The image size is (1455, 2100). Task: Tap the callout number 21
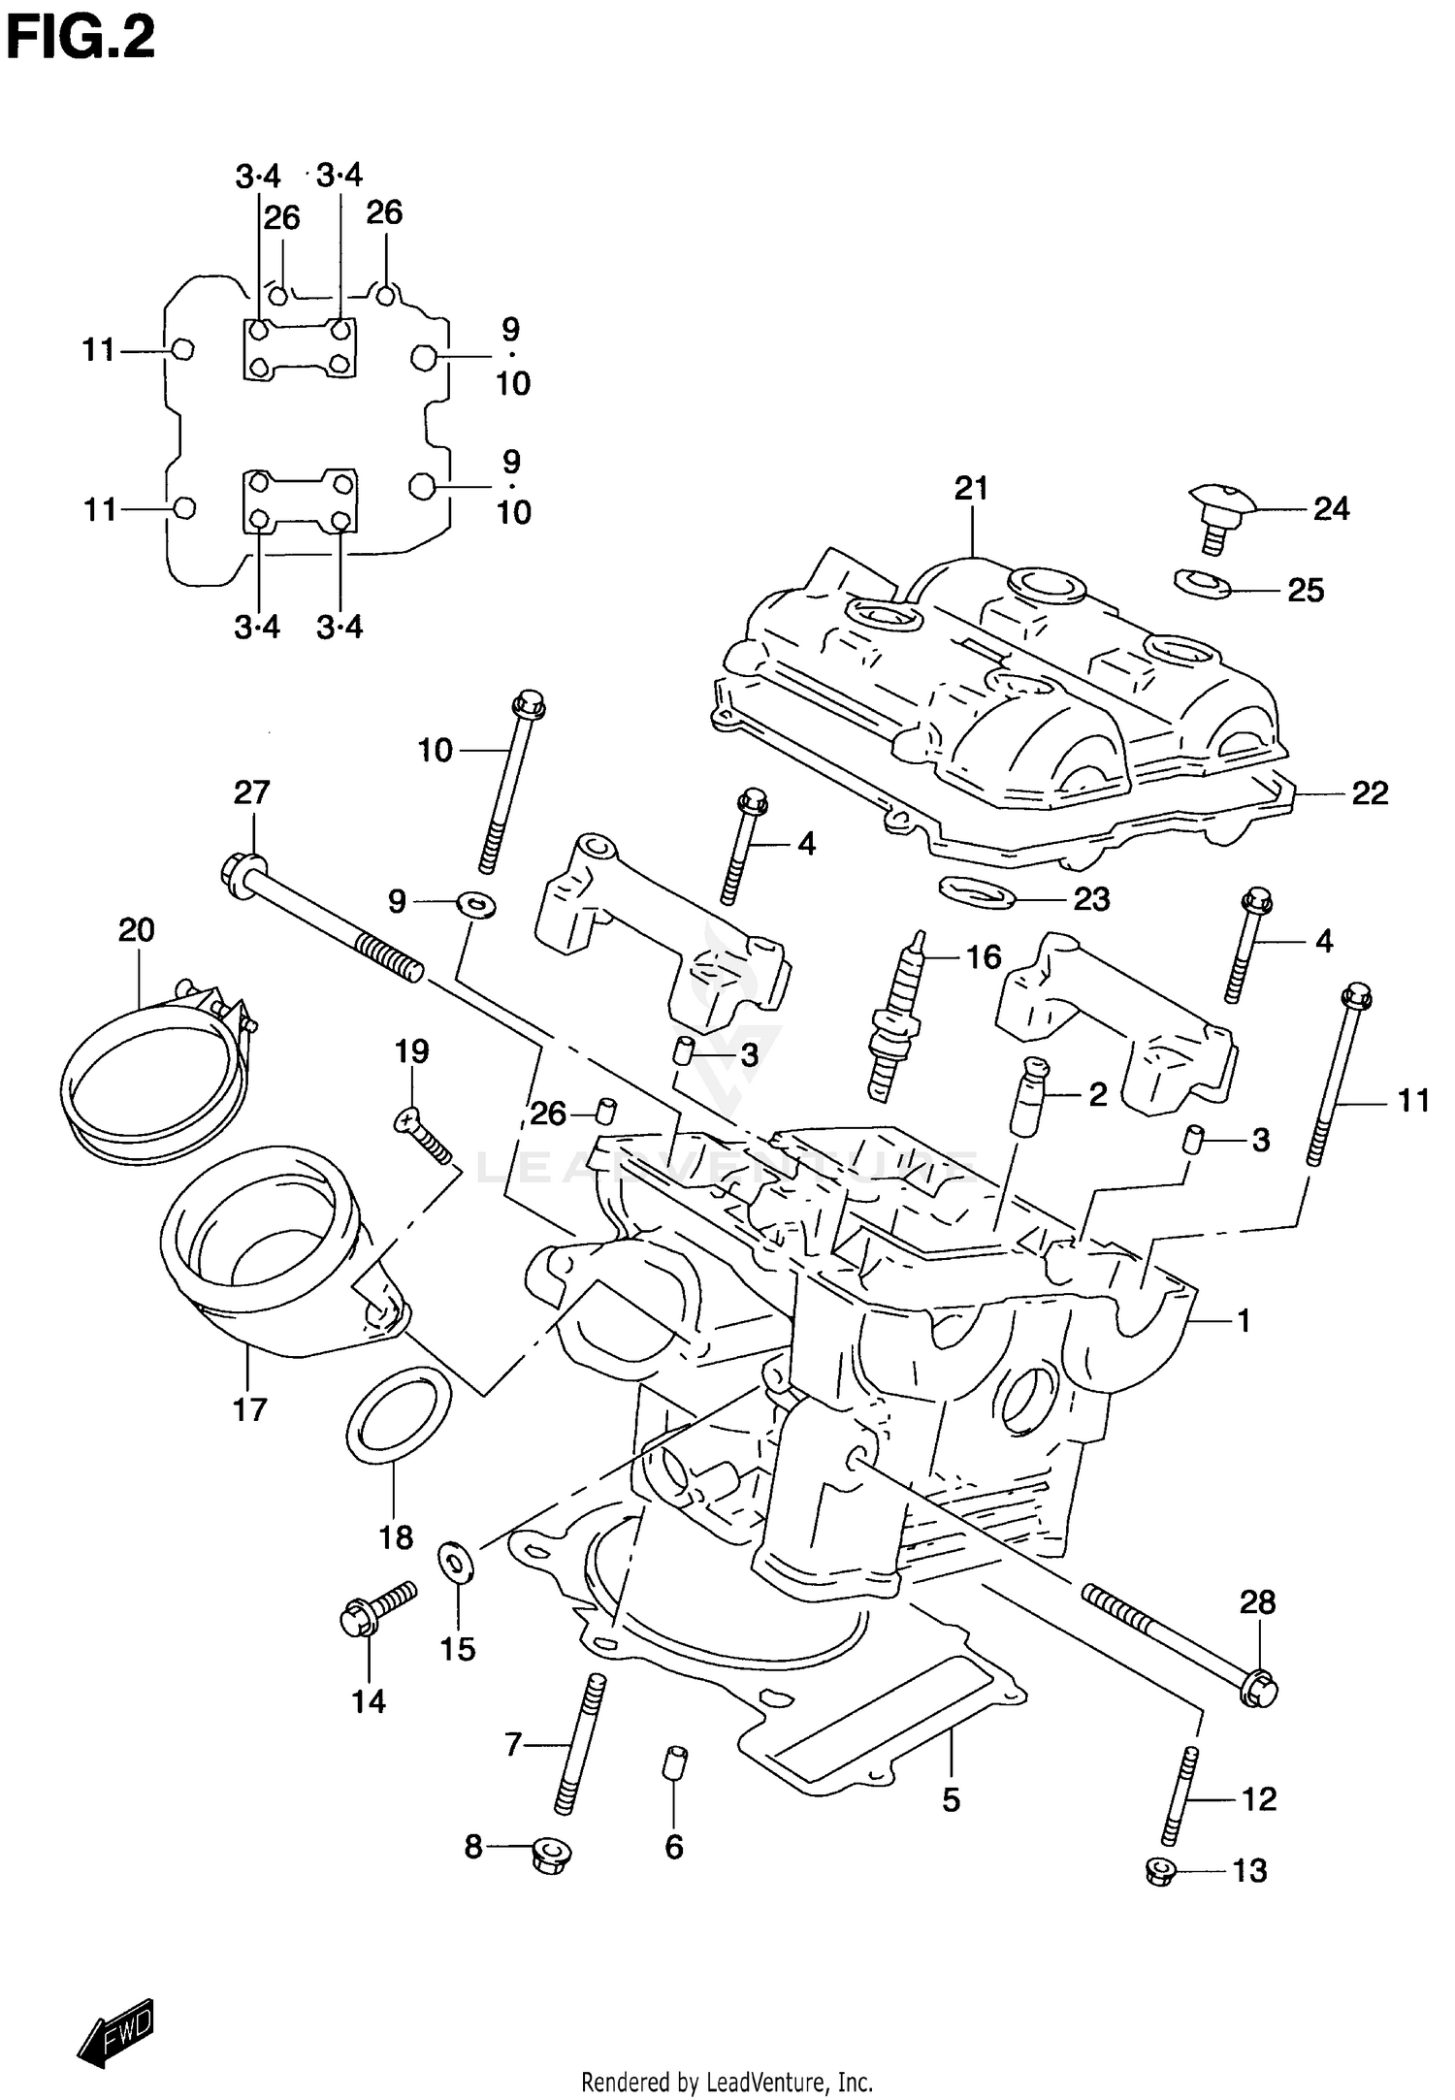970,488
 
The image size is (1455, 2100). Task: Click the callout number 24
1331,508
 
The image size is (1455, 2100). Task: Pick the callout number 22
1370,793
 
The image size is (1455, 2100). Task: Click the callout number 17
249,1407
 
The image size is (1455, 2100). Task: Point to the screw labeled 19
424,1136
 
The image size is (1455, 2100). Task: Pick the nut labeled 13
1159,1871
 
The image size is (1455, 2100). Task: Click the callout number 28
1257,1601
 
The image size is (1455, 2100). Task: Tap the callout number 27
251,792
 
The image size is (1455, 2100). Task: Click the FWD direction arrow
116,2029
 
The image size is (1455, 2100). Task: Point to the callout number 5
951,1799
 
